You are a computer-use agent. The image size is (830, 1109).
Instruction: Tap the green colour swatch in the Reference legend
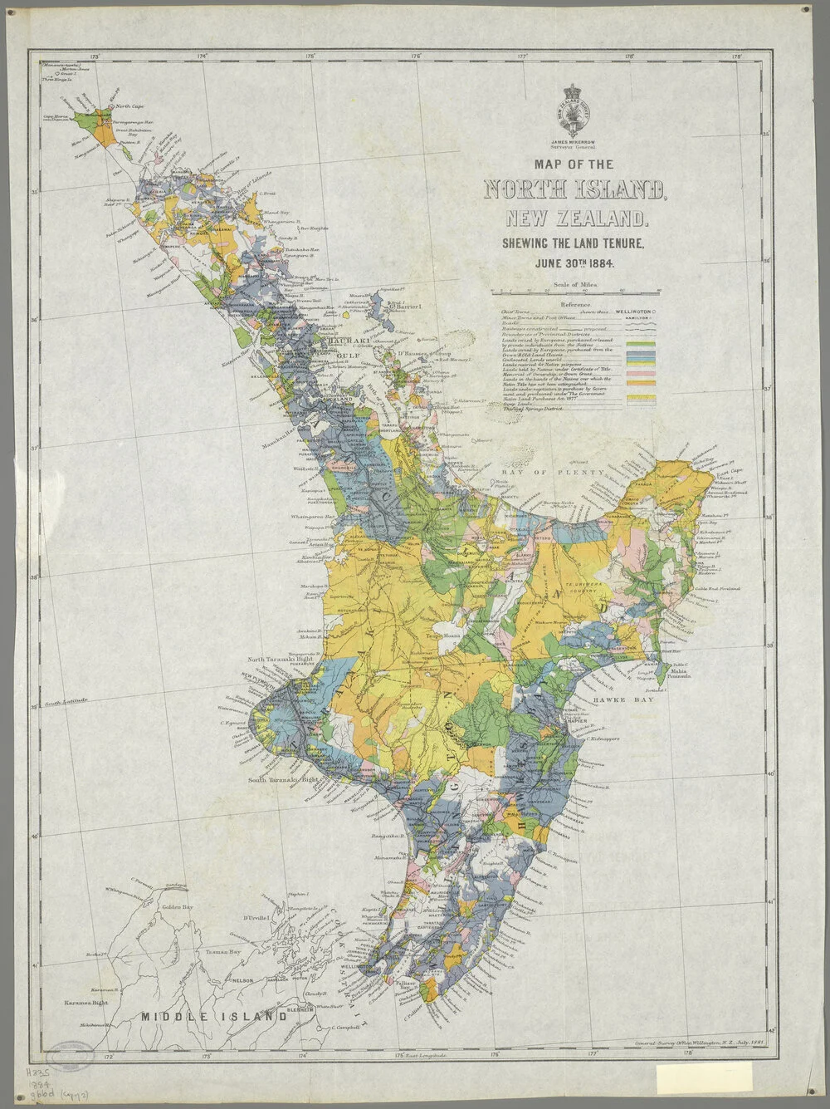click(641, 344)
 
